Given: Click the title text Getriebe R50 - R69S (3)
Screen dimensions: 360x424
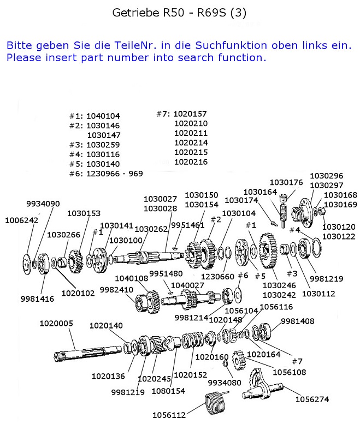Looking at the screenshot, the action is point(179,13).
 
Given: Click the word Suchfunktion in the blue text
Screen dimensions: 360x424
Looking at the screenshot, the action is point(231,45).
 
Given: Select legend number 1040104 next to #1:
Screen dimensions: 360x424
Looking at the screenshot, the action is point(103,116).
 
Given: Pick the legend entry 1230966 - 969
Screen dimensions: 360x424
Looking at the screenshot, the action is point(115,174).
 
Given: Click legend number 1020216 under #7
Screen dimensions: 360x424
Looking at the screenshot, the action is point(191,162).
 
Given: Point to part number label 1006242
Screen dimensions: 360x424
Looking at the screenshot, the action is point(22,220).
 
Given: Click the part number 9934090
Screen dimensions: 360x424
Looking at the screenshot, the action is point(43,204).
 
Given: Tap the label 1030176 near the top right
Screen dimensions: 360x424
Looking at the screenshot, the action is point(286,182).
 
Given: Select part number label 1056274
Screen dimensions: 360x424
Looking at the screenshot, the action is point(312,399).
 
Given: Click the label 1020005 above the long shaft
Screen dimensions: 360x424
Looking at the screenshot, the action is point(56,324).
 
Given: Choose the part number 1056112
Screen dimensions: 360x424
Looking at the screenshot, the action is point(169,415).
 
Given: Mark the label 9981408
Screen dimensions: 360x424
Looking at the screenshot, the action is point(298,321).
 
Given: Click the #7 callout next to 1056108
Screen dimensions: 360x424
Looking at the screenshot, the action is point(297,361).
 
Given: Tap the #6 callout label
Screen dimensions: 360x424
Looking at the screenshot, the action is point(243,276).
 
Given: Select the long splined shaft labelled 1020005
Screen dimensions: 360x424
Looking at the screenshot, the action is point(87,353).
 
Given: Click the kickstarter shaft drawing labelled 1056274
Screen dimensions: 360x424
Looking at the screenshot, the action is point(263,385).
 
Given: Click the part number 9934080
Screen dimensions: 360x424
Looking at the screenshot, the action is point(225,383).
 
